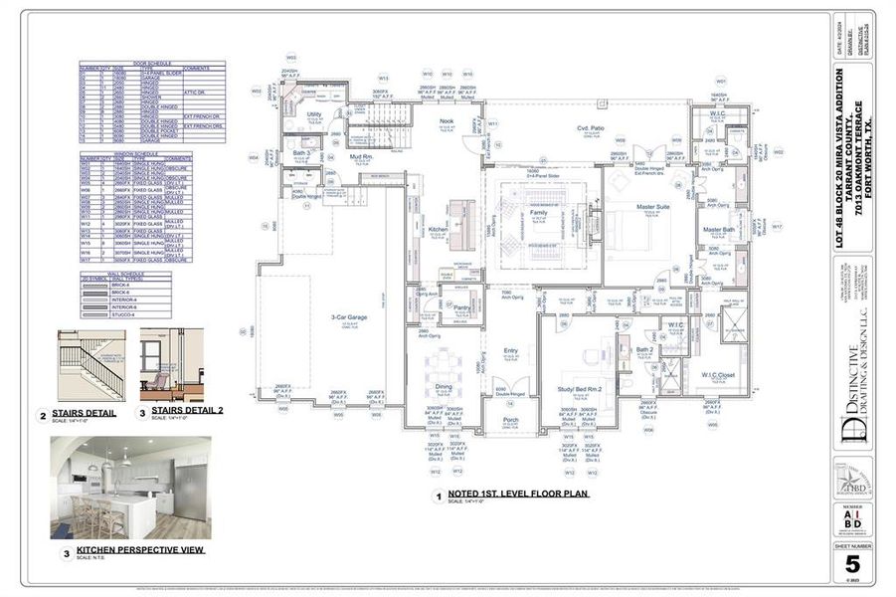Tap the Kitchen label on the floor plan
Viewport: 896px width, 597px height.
(437, 230)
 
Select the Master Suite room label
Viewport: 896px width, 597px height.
(652, 207)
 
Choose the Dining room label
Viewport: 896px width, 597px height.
(444, 387)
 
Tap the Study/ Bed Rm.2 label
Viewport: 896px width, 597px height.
(581, 389)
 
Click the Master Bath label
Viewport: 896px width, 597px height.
(719, 230)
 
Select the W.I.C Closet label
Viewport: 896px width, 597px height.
(717, 375)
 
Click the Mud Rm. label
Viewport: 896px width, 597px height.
(360, 157)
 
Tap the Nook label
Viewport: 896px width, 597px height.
(447, 121)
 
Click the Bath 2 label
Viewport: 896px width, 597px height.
(643, 349)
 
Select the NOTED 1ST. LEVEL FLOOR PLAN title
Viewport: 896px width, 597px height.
(518, 493)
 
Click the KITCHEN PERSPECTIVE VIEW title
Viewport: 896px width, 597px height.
(139, 549)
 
